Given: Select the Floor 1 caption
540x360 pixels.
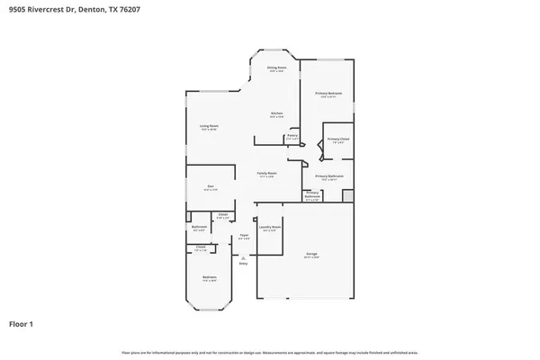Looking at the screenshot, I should pos(22,321).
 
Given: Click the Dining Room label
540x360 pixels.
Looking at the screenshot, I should pos(277,68).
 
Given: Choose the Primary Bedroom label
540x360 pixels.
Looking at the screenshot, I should pos(328,94).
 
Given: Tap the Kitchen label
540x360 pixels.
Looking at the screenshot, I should pos(277,113).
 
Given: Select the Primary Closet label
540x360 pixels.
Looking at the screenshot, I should pos(337,139).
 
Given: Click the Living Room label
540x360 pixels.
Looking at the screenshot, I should pos(209,126).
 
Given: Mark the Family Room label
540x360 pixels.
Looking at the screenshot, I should pos(267,173).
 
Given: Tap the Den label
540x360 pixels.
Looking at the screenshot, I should pos(209,187).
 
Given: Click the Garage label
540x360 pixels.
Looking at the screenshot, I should pos(312,254).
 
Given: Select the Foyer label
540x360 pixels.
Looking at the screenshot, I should pos(243,236).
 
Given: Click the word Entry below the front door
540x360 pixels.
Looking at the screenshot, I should pos(243,263).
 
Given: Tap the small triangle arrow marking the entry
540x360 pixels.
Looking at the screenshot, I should pos(243,257).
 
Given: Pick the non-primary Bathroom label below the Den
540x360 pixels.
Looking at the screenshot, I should pos(199,227).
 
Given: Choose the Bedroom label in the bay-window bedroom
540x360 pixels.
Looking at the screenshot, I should pos(209,277).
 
